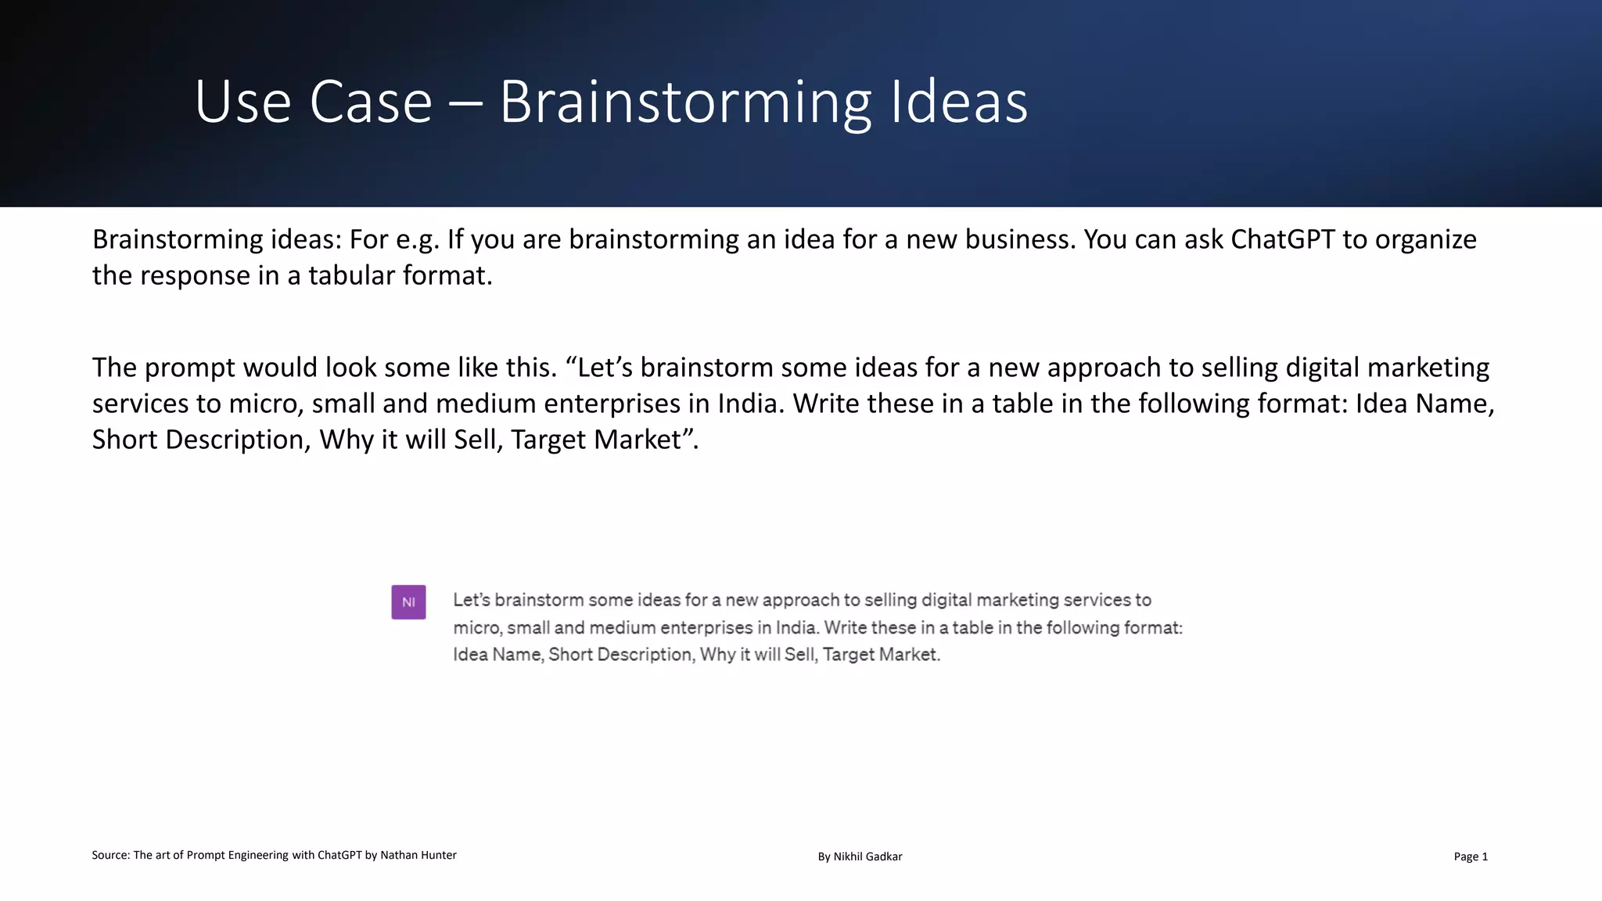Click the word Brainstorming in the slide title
[x=684, y=102]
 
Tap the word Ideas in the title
[x=959, y=102]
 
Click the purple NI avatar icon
[x=408, y=602]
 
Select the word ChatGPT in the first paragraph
[x=1282, y=239]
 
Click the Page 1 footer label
[x=1471, y=856]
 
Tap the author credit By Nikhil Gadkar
[x=860, y=856]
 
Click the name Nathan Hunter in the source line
[x=418, y=855]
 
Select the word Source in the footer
[x=110, y=855]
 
